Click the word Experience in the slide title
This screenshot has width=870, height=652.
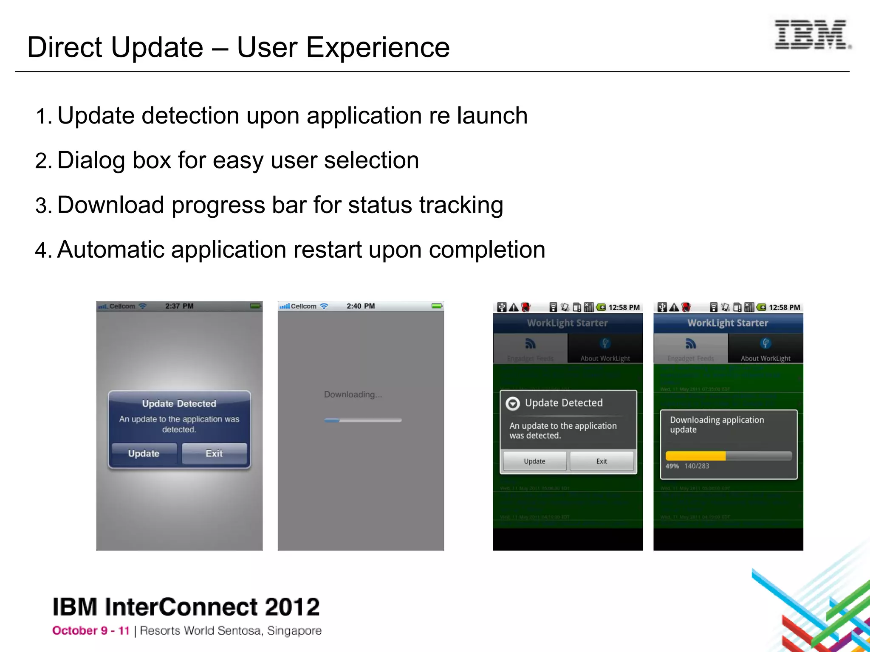(377, 47)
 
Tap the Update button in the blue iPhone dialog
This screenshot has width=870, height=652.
(144, 453)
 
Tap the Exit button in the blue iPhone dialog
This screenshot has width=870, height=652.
(214, 453)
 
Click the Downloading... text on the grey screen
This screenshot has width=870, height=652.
(353, 395)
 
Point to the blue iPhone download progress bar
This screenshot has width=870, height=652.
(362, 420)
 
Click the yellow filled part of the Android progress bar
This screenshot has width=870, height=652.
(695, 456)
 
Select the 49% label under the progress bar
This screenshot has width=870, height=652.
(672, 466)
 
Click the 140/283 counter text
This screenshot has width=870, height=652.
(697, 466)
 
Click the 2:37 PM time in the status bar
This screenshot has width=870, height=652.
(179, 306)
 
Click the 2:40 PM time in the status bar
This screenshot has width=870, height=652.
(361, 306)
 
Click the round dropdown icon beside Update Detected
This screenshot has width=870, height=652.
(513, 403)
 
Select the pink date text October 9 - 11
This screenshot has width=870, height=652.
(91, 631)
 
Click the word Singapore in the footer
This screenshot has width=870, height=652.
(294, 631)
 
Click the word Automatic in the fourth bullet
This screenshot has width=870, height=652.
(110, 250)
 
